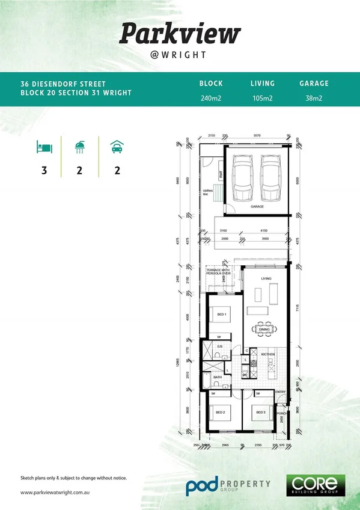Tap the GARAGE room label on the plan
coord(257,206)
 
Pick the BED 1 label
coord(221,315)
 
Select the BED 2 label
coord(220,412)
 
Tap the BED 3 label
coord(260,412)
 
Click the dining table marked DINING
coord(264,329)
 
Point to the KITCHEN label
coord(267,354)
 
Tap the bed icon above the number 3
coord(44,146)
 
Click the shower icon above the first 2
coord(79,146)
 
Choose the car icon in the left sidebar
coord(115,146)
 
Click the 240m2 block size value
coord(211,97)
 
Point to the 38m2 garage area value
coord(314,97)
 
